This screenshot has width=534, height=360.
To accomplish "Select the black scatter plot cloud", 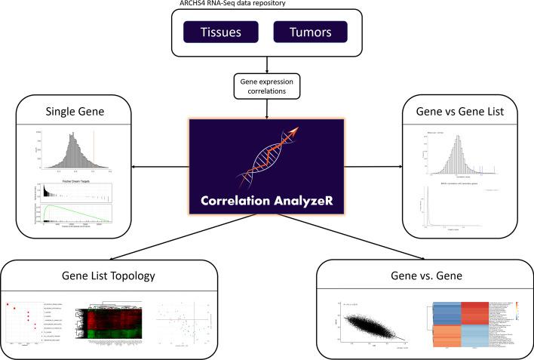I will [x=370, y=326].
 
